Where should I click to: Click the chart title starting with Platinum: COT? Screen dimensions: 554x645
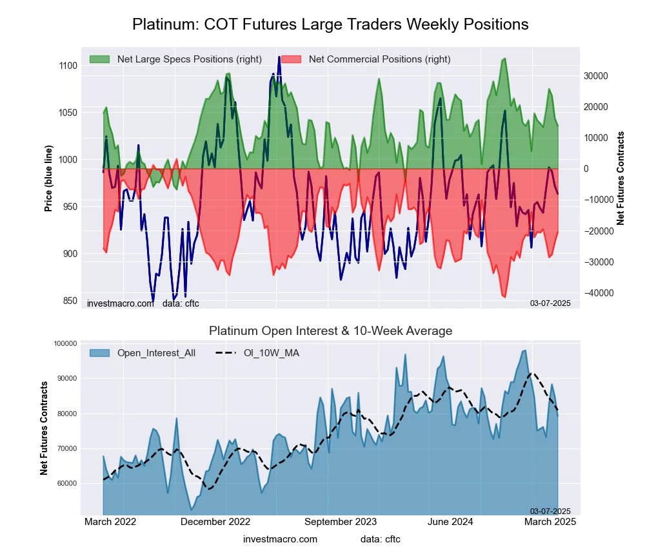330,24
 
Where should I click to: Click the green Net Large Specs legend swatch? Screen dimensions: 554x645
100,59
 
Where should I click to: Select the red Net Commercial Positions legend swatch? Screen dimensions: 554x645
292,59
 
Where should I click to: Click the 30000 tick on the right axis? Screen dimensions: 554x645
597,76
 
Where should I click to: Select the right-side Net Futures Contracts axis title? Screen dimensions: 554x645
621,178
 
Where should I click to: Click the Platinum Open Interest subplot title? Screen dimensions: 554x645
330,331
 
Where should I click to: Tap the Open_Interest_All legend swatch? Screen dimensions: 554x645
100,352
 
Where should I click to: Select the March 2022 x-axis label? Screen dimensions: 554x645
110,522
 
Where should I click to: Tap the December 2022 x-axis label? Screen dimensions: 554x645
215,522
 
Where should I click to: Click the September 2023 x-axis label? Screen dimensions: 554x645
340,522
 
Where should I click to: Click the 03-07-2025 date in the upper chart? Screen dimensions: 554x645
550,303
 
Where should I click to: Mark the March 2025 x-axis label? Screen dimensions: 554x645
549,522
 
